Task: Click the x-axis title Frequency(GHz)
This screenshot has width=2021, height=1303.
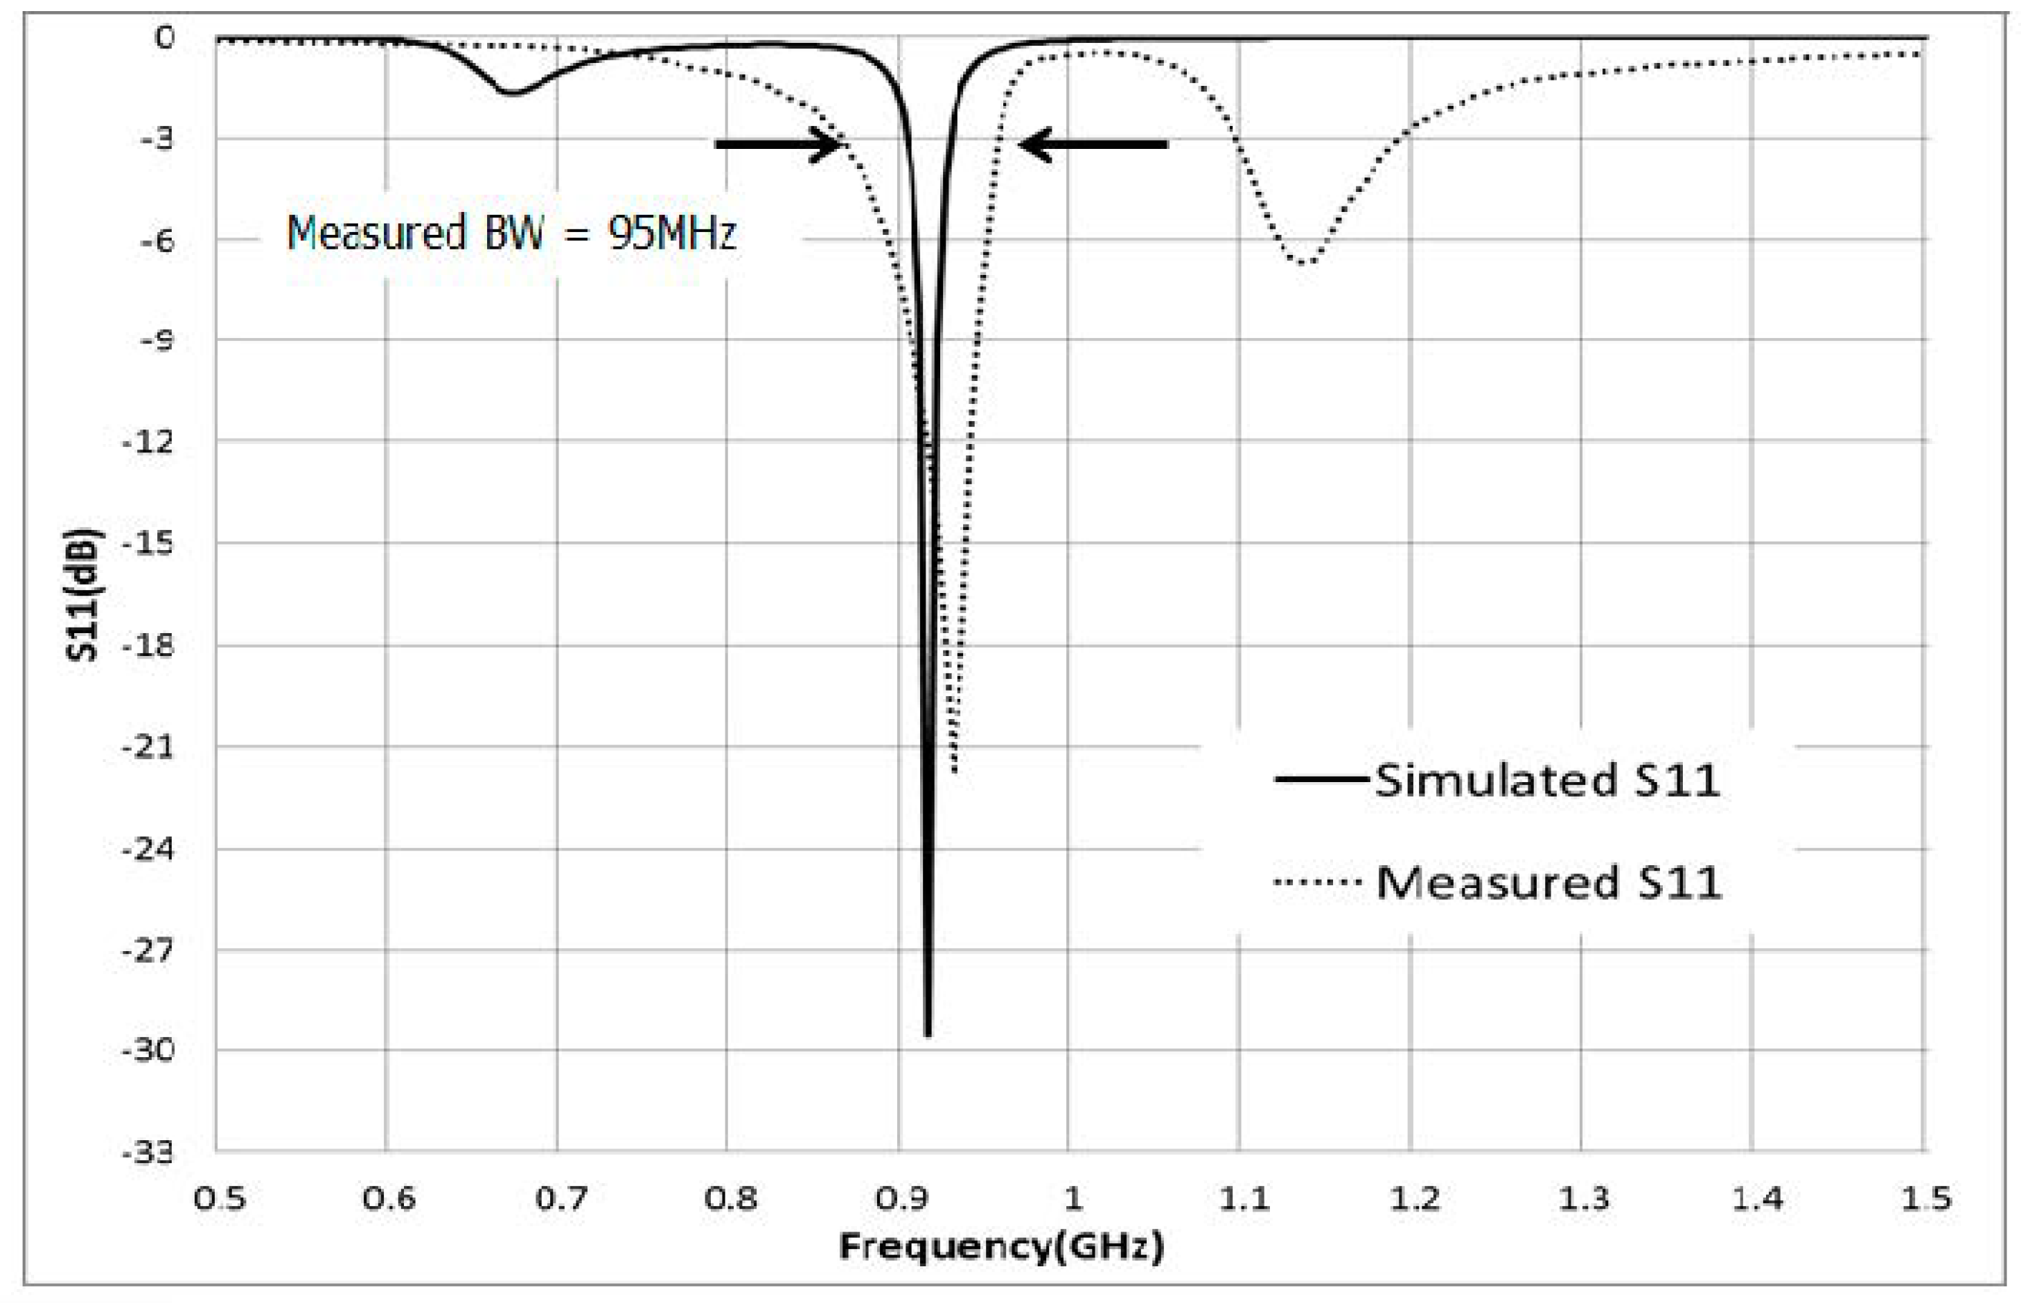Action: point(1001,1246)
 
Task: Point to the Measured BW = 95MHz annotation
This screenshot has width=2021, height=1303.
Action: point(512,233)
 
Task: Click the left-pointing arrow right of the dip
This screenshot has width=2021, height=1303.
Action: point(1093,145)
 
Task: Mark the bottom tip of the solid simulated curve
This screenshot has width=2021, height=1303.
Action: point(928,1034)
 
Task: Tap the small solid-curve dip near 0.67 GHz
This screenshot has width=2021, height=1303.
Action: point(512,92)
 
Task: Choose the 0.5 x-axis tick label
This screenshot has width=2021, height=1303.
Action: point(219,1198)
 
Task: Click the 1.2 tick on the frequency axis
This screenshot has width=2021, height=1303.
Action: point(1414,1198)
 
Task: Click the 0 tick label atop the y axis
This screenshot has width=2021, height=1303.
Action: point(164,38)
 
